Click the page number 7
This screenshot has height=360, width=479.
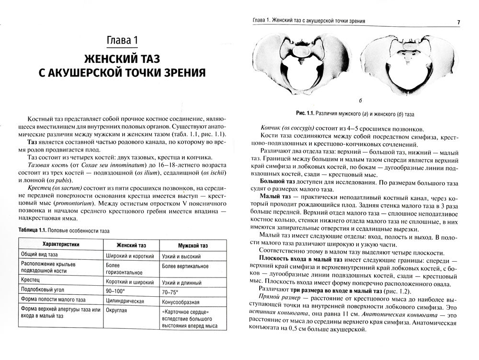click(458, 22)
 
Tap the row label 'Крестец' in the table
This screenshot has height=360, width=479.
click(32, 279)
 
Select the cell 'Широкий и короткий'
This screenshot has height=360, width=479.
click(129, 255)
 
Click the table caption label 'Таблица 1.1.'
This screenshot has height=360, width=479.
click(37, 231)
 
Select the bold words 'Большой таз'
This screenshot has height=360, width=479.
click(275, 183)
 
